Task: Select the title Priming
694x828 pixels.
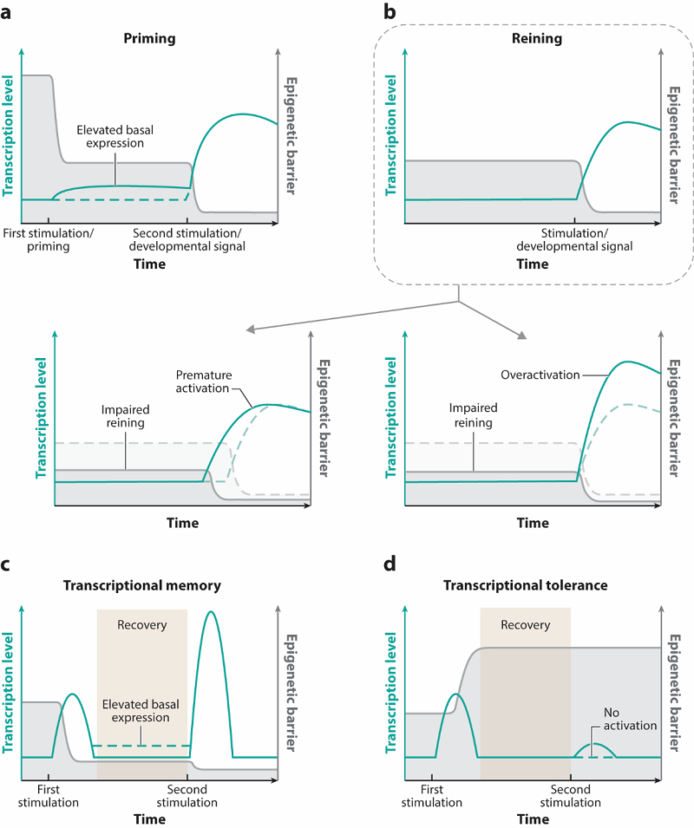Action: pos(149,39)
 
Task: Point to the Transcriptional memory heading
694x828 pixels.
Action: pos(142,586)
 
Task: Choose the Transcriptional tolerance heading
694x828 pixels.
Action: pos(526,586)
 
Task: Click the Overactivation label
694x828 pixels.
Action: pos(540,375)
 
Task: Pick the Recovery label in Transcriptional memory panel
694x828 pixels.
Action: pos(142,624)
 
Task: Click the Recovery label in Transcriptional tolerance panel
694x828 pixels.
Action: pos(525,624)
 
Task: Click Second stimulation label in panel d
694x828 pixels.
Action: pos(570,796)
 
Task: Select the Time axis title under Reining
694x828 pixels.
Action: pos(533,264)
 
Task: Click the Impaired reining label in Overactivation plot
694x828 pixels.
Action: pos(472,416)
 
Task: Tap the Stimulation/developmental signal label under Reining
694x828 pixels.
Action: pos(573,240)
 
